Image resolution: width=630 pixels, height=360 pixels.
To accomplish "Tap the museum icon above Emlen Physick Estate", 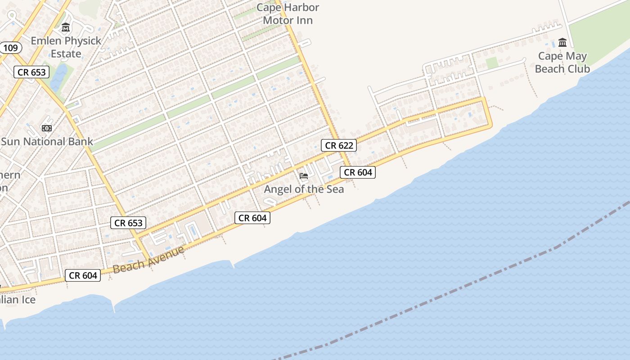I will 66,28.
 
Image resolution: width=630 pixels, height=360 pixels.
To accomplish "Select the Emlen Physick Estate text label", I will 66,47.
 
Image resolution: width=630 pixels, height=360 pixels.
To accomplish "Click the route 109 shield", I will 10,48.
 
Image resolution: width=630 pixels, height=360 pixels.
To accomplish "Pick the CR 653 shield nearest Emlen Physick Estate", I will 32,72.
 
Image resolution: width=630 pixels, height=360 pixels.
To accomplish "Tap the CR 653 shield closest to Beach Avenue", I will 128,222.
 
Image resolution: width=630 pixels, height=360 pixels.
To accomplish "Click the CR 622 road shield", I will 339,145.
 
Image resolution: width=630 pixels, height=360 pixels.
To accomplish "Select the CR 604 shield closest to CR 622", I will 357,172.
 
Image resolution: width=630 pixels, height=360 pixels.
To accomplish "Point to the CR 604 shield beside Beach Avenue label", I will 83,275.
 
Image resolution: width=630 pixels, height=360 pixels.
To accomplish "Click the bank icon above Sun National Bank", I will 47,128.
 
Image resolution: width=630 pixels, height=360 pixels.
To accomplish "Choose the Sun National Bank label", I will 47,141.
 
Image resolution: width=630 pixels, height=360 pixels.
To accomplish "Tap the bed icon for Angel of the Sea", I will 304,176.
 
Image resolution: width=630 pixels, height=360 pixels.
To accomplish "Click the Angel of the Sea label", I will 304,189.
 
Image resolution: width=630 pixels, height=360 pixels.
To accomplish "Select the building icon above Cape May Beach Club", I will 562,43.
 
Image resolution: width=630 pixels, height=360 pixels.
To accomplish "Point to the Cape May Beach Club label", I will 562,63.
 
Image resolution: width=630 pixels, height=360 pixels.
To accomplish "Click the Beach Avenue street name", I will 148,260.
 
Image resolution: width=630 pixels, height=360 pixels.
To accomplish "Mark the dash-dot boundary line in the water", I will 450,292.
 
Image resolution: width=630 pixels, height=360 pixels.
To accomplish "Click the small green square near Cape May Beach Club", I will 492,63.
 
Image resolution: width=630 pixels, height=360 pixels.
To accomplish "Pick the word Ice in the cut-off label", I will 27,300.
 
